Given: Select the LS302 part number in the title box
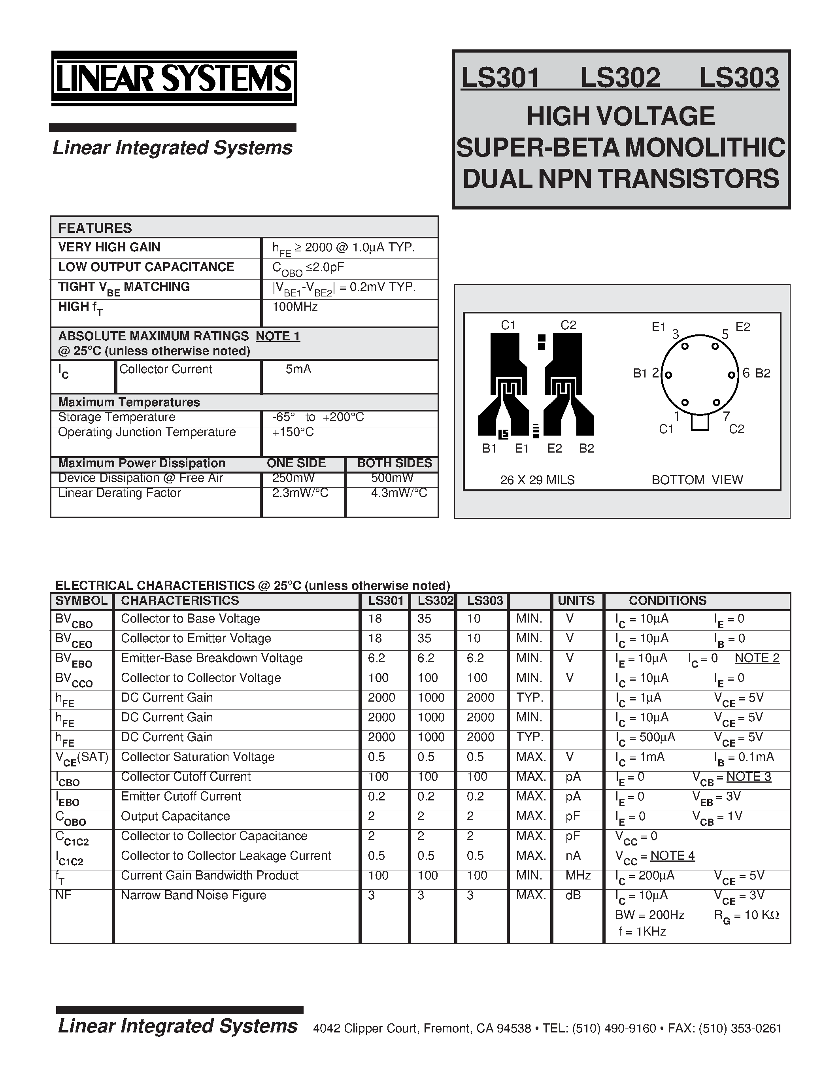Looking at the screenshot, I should [620, 78].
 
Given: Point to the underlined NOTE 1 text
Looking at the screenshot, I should [277, 336].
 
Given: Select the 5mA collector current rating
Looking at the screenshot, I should [298, 369].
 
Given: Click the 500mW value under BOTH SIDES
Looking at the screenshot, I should [392, 478].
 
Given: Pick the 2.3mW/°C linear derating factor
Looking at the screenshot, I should [300, 493].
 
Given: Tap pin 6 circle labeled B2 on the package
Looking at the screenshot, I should [731, 375].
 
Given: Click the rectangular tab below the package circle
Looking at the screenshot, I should [700, 423].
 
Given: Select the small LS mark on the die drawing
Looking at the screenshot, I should [504, 434].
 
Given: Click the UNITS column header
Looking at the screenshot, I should [576, 601].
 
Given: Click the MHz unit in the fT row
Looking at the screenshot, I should [578, 876].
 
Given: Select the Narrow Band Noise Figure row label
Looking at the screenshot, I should [194, 895].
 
